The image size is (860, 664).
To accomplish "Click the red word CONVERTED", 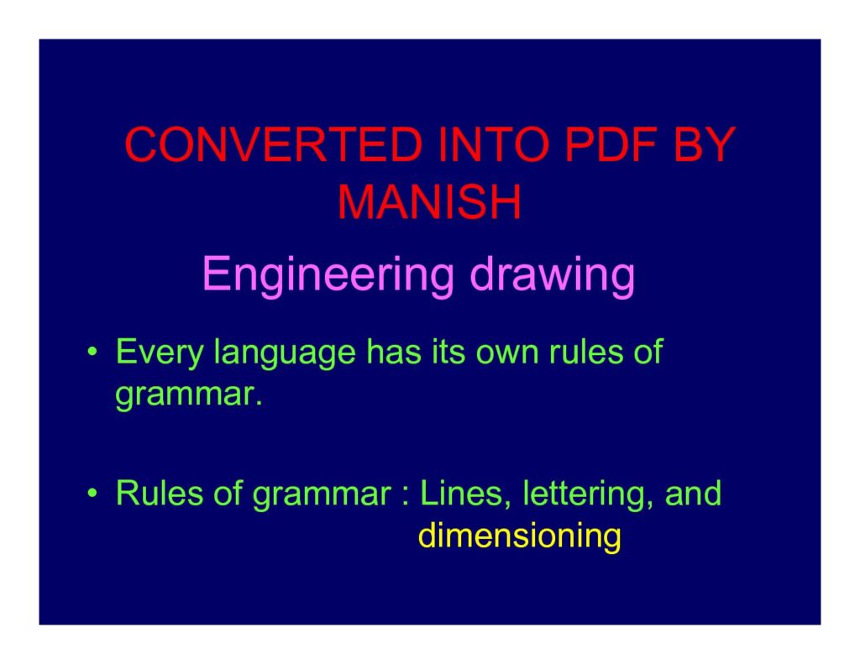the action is [x=274, y=144].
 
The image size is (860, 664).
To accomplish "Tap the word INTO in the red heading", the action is [x=494, y=144].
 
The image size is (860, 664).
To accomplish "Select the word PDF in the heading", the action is [x=610, y=144].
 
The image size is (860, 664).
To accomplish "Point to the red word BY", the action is [x=705, y=144].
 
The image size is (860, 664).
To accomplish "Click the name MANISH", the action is [x=429, y=201].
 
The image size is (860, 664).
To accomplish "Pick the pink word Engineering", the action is [x=328, y=276].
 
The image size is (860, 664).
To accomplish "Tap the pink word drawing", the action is [x=553, y=276].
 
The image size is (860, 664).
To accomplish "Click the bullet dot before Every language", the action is [x=92, y=352].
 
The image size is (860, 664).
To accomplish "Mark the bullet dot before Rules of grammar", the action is [x=92, y=494].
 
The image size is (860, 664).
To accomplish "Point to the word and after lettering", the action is [x=693, y=493].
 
